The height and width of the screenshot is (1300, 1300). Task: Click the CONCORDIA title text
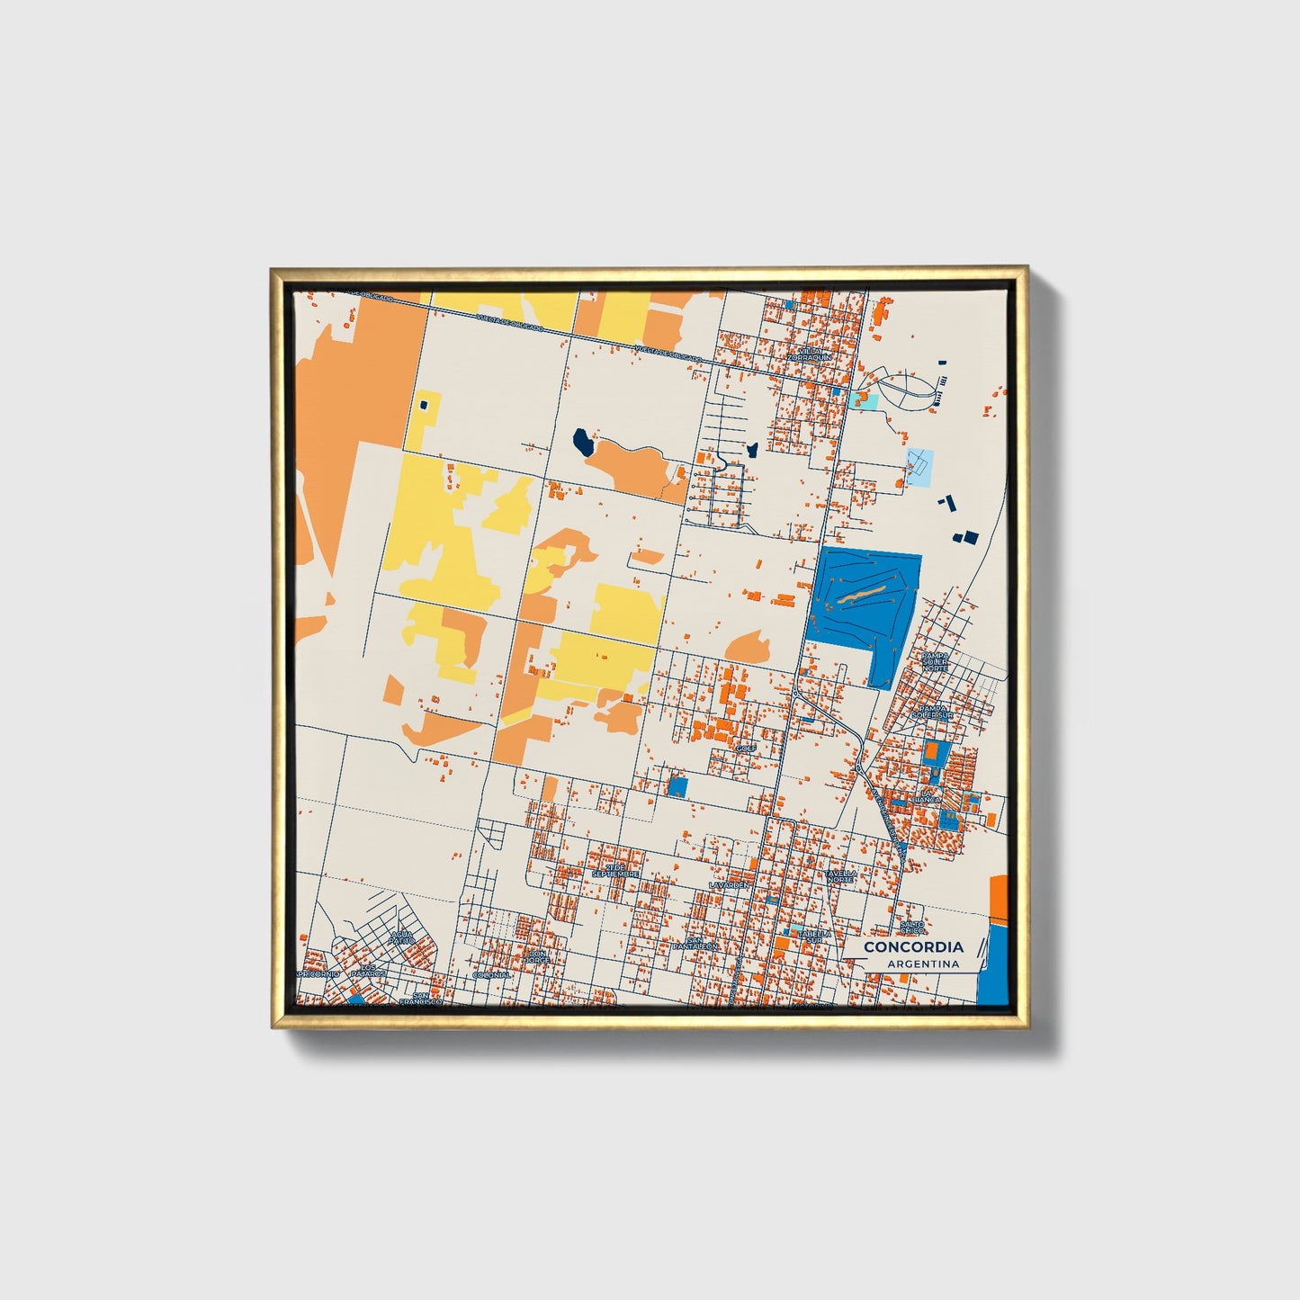coord(912,946)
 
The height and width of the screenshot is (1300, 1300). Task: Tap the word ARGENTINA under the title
coord(922,964)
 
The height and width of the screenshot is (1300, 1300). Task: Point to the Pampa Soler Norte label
coord(935,661)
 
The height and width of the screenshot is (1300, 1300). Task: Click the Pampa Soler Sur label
coord(932,712)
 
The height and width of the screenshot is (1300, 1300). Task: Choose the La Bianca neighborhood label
coord(926,795)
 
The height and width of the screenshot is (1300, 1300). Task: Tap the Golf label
coord(745,749)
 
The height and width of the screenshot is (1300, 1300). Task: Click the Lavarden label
coord(729,885)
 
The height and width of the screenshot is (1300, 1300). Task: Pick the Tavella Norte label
coord(842,876)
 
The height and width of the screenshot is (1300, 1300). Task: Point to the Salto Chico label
coord(912,927)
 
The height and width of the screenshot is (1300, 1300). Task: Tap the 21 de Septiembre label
coord(615,871)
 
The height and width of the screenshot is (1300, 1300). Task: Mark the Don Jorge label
coord(537,956)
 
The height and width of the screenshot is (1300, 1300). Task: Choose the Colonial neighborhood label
coord(491,974)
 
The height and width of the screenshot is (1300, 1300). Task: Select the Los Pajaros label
coord(368,970)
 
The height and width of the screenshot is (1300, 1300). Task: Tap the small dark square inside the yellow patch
coord(421,406)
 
